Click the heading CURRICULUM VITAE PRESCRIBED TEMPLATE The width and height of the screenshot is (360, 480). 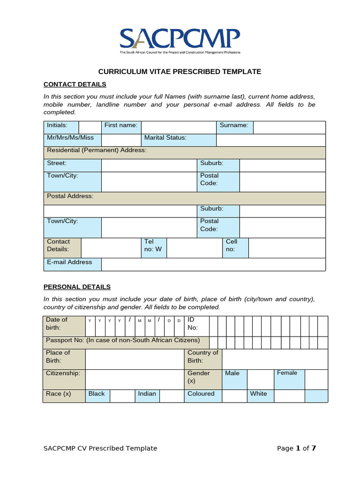pos(180,72)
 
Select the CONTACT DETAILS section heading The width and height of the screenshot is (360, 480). pos(75,84)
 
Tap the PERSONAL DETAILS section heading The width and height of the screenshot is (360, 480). pos(77,287)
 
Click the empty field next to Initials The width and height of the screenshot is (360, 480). pos(90,127)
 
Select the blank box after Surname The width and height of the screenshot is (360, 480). pos(289,127)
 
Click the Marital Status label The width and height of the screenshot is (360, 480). pos(165,138)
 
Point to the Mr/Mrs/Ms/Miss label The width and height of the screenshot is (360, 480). pos(70,138)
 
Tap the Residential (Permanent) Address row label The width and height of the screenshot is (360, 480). pos(97,150)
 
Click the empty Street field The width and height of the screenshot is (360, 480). pos(149,165)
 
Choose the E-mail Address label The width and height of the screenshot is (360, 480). pos(69,262)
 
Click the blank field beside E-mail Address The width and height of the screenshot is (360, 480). pos(213,264)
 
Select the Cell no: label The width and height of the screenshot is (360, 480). pos(232,246)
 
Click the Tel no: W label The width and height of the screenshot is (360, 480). pos(153,246)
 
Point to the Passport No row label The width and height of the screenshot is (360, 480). pos(123,340)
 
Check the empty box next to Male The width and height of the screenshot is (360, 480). pos(260,379)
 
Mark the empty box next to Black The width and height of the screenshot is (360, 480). pos(123,396)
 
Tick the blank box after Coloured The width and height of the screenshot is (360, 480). pos(234,396)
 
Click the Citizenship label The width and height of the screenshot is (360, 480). pos(63,374)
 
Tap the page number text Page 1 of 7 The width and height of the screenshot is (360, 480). pos(296,449)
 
